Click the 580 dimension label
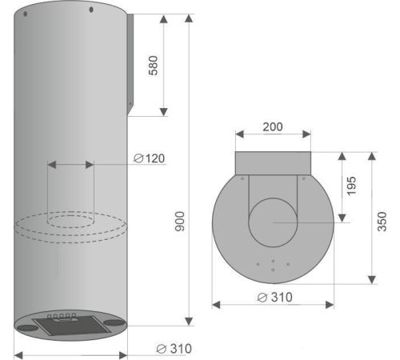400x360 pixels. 153,66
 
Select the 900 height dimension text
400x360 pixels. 179,222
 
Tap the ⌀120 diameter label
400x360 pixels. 150,158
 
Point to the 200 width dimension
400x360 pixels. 273,127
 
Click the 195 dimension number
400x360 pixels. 351,186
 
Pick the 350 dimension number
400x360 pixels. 382,222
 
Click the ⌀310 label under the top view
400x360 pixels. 275,298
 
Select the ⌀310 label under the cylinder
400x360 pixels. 174,349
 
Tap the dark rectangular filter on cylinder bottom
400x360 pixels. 72,326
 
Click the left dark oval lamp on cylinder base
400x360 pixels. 27,328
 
